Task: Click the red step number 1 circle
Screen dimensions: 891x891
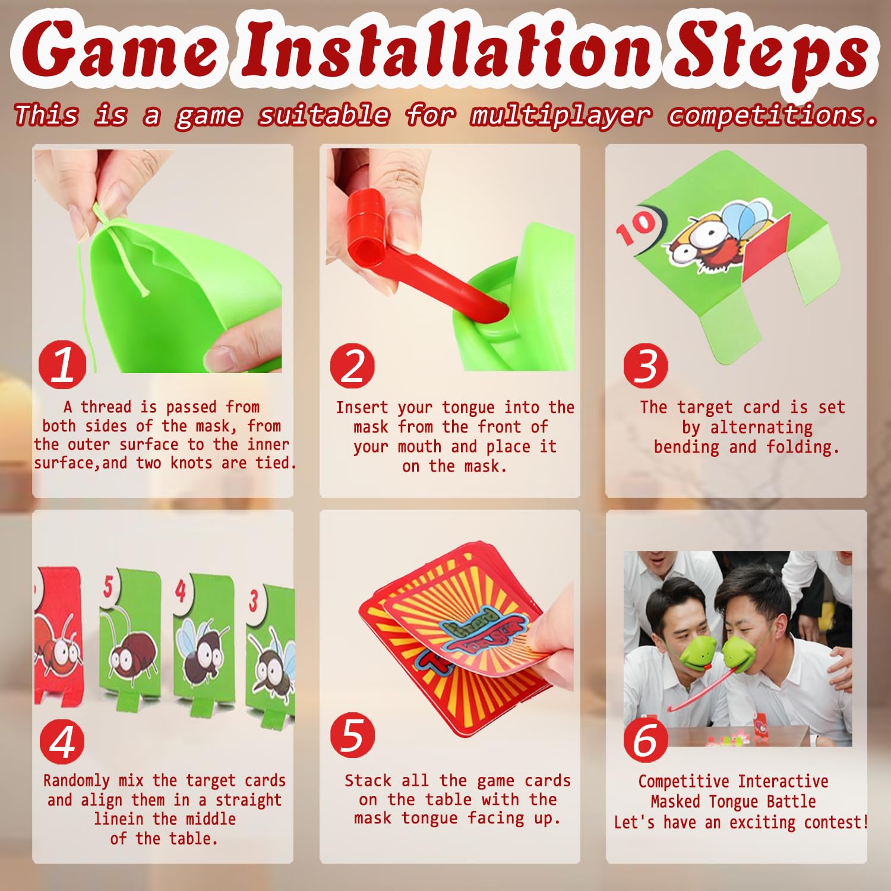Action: tap(62, 365)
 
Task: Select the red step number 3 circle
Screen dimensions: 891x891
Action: tap(646, 366)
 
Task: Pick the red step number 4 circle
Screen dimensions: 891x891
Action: tap(62, 741)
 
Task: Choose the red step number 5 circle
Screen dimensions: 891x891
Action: tap(353, 735)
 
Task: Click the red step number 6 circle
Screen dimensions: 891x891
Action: tap(646, 740)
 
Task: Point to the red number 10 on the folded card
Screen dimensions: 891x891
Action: tap(636, 227)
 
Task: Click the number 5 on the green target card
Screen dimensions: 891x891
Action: tap(108, 586)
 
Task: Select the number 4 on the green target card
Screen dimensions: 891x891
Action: tap(181, 590)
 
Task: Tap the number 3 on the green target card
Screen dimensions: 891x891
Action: tap(254, 600)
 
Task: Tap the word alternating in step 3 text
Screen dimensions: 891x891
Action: tap(762, 428)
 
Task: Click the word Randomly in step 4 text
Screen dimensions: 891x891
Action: tap(77, 781)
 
